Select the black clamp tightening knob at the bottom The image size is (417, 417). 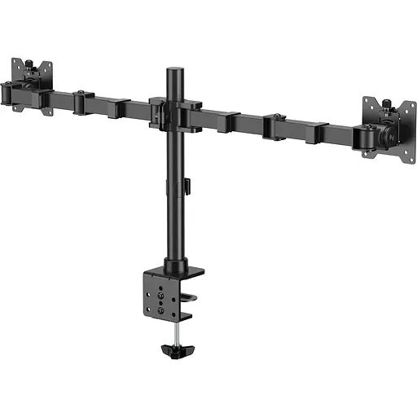tap(174, 352)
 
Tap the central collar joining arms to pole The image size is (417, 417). tap(173, 113)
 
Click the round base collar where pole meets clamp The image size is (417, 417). tap(174, 266)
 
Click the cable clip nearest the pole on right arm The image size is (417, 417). tap(236, 123)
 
